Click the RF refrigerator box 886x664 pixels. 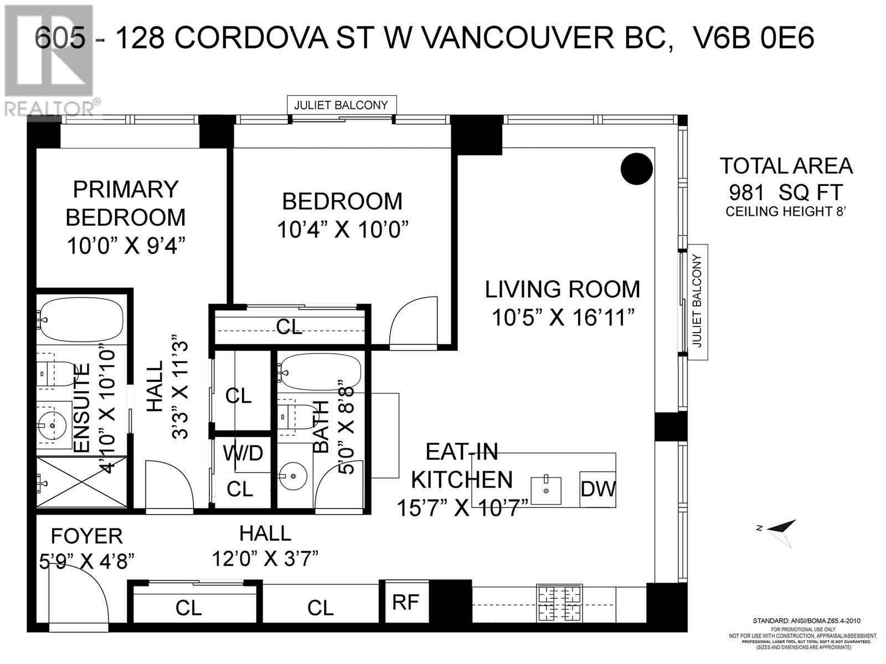[406, 601]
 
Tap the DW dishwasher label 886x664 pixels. [598, 490]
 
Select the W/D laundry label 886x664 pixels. [243, 453]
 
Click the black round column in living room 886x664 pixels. [637, 169]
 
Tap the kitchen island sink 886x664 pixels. [546, 490]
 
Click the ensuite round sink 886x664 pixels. [51, 426]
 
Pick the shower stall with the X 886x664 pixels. [83, 482]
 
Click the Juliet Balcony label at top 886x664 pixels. [341, 105]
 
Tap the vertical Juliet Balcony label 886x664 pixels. [698, 302]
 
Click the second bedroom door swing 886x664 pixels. [413, 320]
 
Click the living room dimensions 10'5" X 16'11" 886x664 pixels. [563, 317]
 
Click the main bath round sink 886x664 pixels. [292, 476]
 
